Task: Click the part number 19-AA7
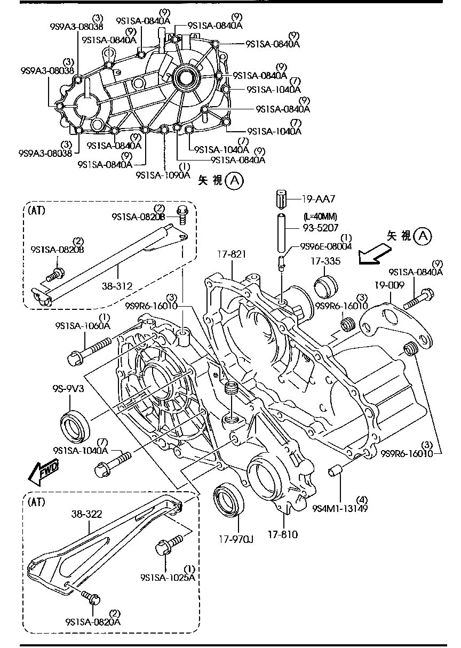(319, 199)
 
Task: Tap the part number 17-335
(325, 261)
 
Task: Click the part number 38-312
(116, 285)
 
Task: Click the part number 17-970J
(235, 539)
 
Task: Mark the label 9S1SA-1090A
(163, 174)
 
